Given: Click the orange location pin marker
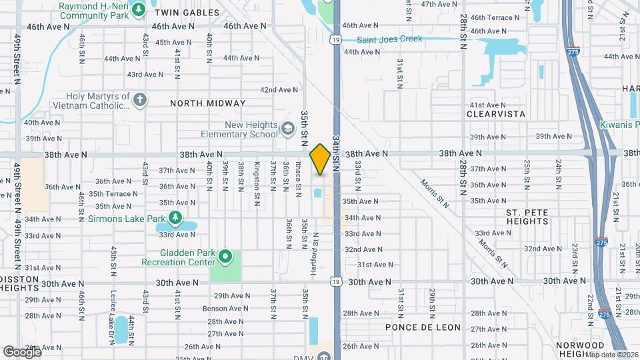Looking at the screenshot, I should pos(321,159).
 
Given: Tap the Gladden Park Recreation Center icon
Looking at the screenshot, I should pos(225,255).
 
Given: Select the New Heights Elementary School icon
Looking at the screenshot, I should pos(288,128).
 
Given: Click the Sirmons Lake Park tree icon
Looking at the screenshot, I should pos(175,217).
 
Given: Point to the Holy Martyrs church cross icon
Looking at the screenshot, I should pos(139,101).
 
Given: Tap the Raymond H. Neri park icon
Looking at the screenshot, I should pos(139,9).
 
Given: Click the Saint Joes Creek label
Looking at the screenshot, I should pos(389,39).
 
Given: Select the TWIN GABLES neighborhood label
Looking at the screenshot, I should pos(187,13).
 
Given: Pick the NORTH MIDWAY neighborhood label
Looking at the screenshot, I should pos(208,103).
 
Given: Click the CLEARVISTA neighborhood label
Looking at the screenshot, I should pos(497,115).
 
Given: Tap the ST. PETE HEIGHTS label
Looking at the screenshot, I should pos(527,216).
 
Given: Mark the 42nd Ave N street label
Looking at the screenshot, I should pos(279,90).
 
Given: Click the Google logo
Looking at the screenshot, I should pos(21,351).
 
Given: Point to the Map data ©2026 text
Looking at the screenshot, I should pos(606,355).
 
